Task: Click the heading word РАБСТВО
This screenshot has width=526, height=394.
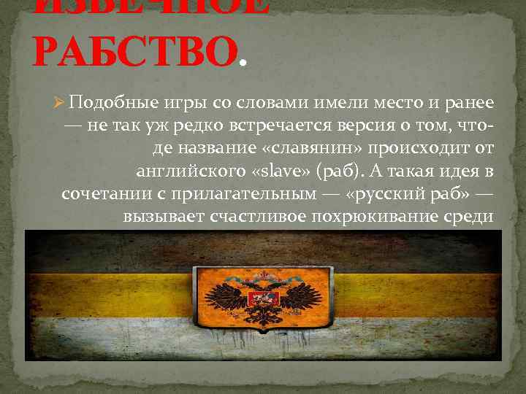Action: coord(135,50)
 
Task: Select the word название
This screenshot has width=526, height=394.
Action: coord(205,149)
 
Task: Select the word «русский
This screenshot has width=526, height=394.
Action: coord(377,195)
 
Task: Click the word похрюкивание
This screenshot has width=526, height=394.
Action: coord(386,217)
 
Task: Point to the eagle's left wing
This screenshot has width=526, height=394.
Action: coord(226,299)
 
